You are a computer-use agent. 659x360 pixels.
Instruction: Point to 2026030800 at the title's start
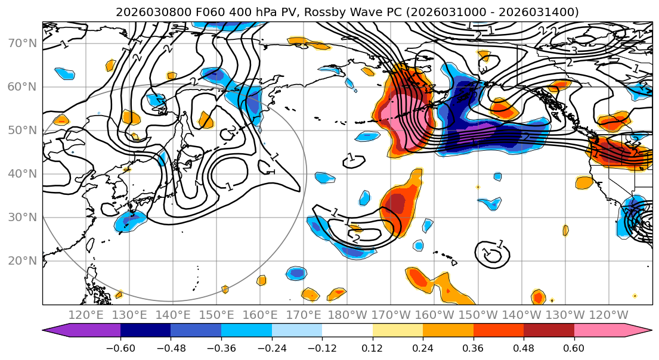[x=143, y=12]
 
